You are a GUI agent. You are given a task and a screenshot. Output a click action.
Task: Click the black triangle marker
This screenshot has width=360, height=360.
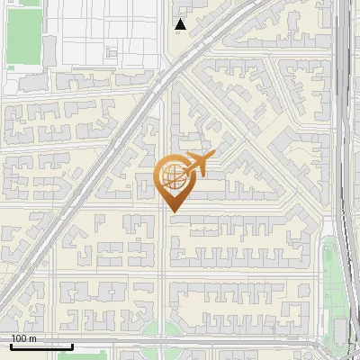181,24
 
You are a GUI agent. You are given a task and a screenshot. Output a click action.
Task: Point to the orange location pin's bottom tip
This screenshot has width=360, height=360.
173,211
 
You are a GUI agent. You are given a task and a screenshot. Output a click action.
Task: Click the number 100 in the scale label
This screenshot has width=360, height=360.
19,338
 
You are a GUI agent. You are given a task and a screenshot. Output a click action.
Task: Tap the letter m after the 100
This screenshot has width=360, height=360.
32,338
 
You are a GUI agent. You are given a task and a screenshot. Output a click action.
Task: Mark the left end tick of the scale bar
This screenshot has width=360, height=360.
11,346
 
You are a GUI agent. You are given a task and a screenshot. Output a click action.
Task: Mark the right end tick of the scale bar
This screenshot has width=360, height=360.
72,346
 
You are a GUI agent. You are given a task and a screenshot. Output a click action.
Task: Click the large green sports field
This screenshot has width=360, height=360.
24,36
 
